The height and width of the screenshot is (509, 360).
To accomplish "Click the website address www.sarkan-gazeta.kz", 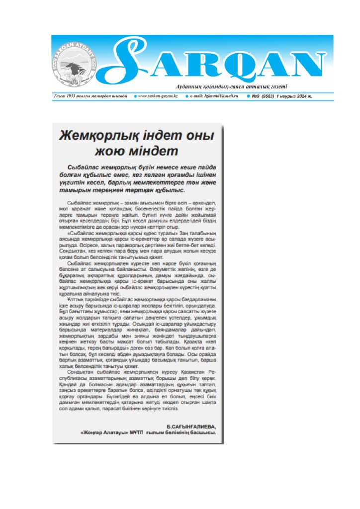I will (157, 95).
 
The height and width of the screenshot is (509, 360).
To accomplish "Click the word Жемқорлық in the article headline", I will (93, 136).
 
